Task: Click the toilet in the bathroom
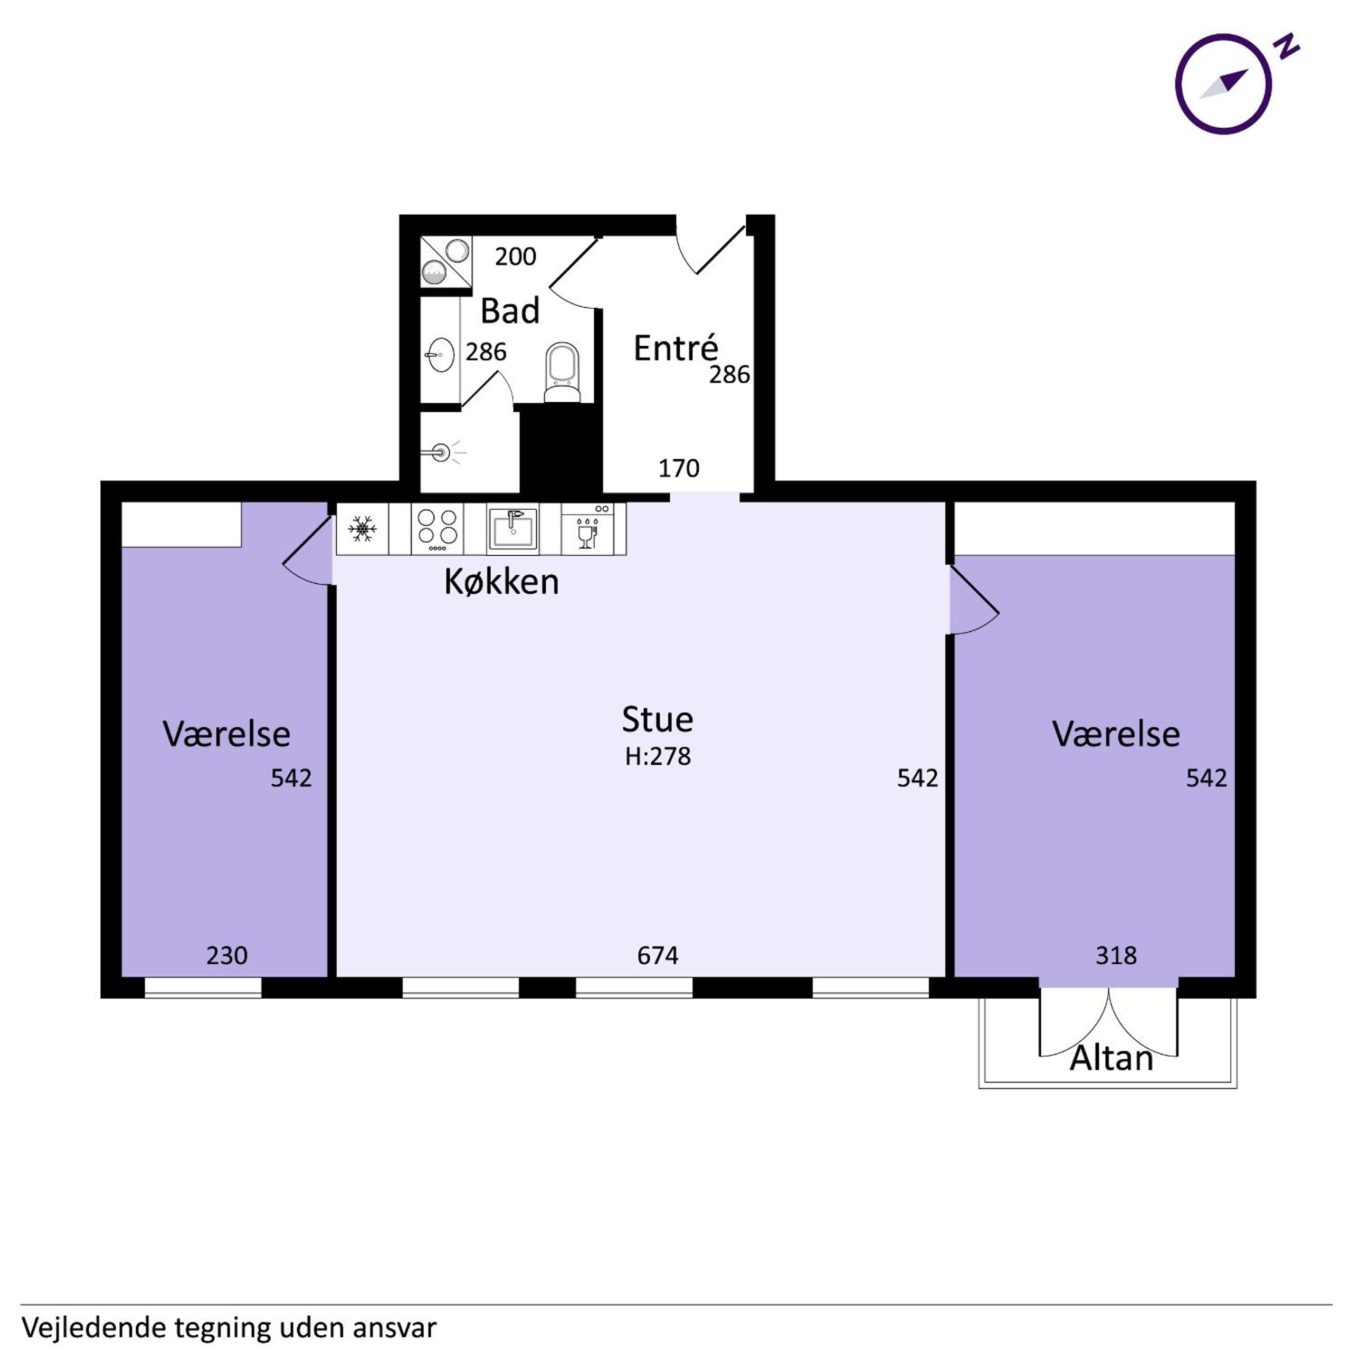(x=562, y=373)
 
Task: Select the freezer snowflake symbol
(x=363, y=528)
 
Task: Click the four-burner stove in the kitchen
(x=437, y=528)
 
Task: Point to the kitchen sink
(x=512, y=528)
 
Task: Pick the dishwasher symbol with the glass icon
(x=587, y=528)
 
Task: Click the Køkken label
(x=501, y=582)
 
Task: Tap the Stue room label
(x=657, y=719)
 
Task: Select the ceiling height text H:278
(x=658, y=756)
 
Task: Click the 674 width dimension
(x=658, y=955)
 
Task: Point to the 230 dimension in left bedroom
(x=226, y=955)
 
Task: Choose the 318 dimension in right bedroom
(x=1116, y=955)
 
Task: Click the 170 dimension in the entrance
(x=679, y=468)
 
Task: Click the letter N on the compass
(x=1288, y=46)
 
